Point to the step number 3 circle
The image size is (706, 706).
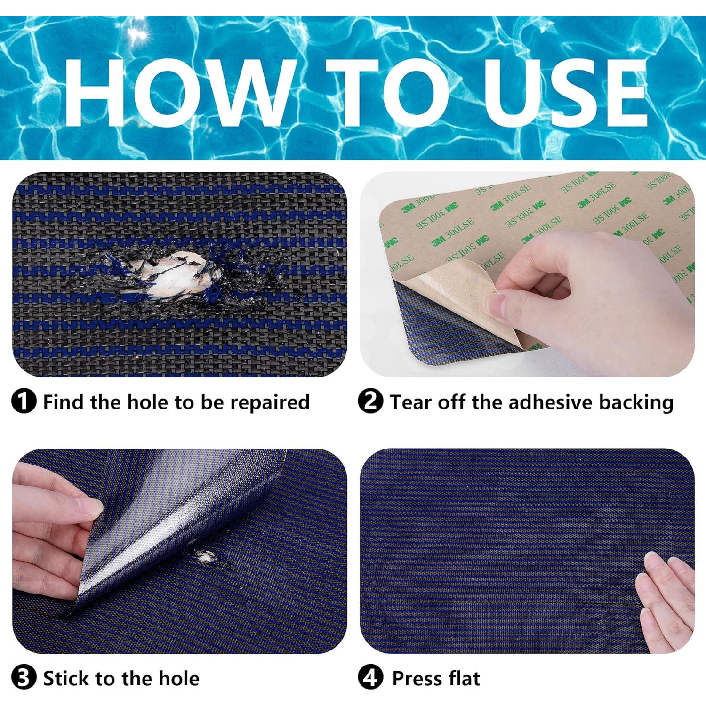pos(24,678)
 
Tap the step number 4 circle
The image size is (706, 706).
pos(370,678)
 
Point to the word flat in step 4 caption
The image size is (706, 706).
pos(464,678)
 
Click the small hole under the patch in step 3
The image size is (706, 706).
pos(206,556)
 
